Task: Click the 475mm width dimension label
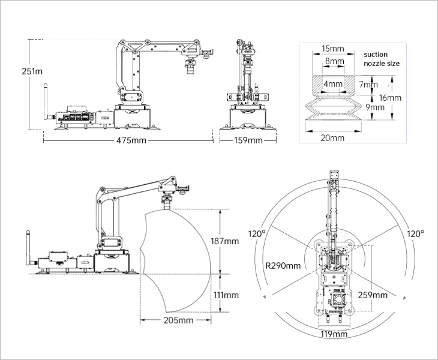tap(131, 140)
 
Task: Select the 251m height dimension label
tap(32, 71)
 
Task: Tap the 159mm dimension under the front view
tap(248, 140)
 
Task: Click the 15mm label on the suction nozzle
tap(332, 49)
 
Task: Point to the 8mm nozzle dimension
tap(335, 61)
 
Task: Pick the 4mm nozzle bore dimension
tap(333, 83)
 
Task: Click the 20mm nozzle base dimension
tap(332, 137)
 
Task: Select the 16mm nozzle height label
tap(390, 97)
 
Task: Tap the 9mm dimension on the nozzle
tap(375, 107)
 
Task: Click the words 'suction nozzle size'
tap(382, 59)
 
